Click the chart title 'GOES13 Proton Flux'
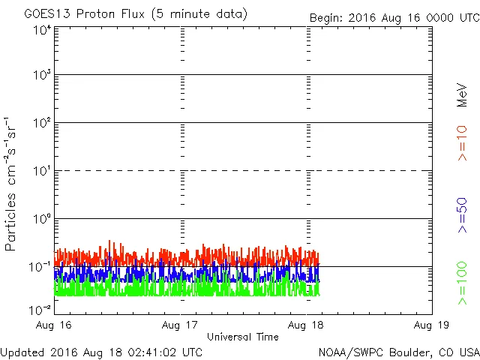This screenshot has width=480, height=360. [135, 14]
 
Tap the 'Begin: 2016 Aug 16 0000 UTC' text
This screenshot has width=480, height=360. [394, 17]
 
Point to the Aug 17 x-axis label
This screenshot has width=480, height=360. [181, 325]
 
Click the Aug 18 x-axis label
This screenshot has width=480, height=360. [307, 325]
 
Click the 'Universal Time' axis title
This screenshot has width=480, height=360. [243, 337]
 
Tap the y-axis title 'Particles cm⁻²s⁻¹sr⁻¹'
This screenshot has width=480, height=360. [11, 184]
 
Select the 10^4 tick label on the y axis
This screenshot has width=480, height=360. [41, 30]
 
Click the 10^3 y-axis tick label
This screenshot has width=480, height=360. [41, 75]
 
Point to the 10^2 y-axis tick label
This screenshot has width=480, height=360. [41, 122]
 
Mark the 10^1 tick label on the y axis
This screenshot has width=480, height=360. [41, 170]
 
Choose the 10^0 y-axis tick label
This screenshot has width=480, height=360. [41, 218]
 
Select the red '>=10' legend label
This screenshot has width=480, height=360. [462, 143]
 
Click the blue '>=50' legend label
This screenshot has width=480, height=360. [462, 216]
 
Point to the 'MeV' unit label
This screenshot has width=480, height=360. [462, 95]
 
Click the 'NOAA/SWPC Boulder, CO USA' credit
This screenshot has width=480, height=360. [398, 352]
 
